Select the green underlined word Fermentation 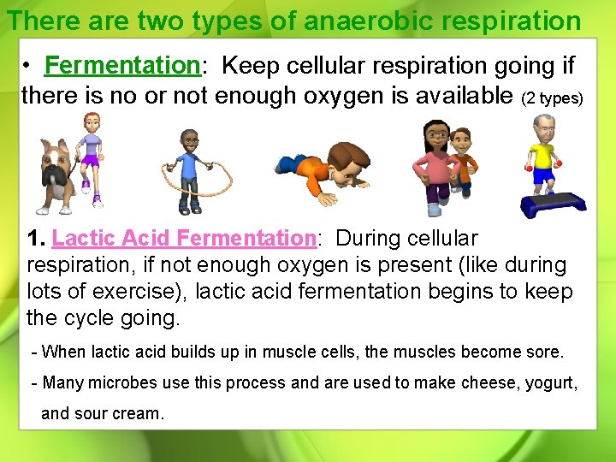point(121,64)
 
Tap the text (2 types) point(553,98)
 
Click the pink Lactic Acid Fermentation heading point(184,238)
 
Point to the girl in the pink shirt point(435,167)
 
